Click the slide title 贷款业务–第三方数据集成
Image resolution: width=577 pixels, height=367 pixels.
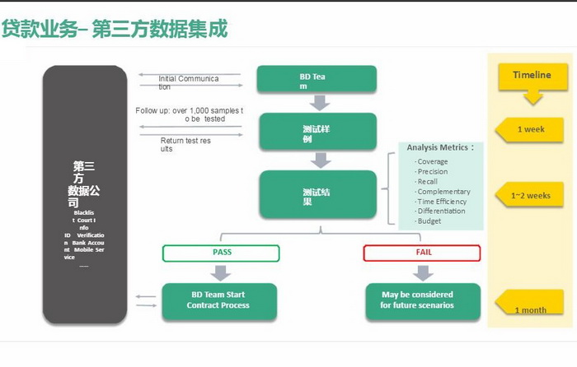(x=115, y=30)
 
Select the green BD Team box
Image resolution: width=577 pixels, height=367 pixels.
(x=317, y=80)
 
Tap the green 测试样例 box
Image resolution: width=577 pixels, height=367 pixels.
(x=317, y=132)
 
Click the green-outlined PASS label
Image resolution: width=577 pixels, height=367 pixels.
(x=222, y=253)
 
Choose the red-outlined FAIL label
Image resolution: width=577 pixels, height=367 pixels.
(x=423, y=253)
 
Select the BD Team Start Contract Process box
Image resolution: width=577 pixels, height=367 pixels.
(x=219, y=300)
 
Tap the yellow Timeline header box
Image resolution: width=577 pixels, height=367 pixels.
(x=532, y=76)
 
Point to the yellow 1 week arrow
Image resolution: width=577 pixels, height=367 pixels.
(x=531, y=129)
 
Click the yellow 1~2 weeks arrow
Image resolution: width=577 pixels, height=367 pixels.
(x=531, y=195)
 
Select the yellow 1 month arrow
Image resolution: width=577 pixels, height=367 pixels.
(x=531, y=305)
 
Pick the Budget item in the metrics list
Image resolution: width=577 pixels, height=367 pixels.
(x=429, y=221)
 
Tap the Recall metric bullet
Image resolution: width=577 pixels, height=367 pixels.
(x=427, y=182)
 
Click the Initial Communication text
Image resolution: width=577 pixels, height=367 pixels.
(x=189, y=82)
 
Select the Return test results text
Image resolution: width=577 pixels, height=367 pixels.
(x=185, y=145)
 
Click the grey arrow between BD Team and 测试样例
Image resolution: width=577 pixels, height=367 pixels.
(x=318, y=103)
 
